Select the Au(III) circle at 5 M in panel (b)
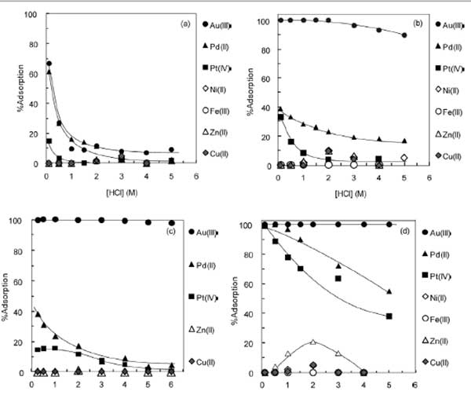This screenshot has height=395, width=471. [x=404, y=35]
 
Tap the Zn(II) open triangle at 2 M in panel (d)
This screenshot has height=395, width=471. [x=313, y=342]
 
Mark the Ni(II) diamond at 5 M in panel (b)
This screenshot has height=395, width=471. [x=404, y=158]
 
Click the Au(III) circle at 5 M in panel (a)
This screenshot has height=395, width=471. [x=172, y=149]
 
